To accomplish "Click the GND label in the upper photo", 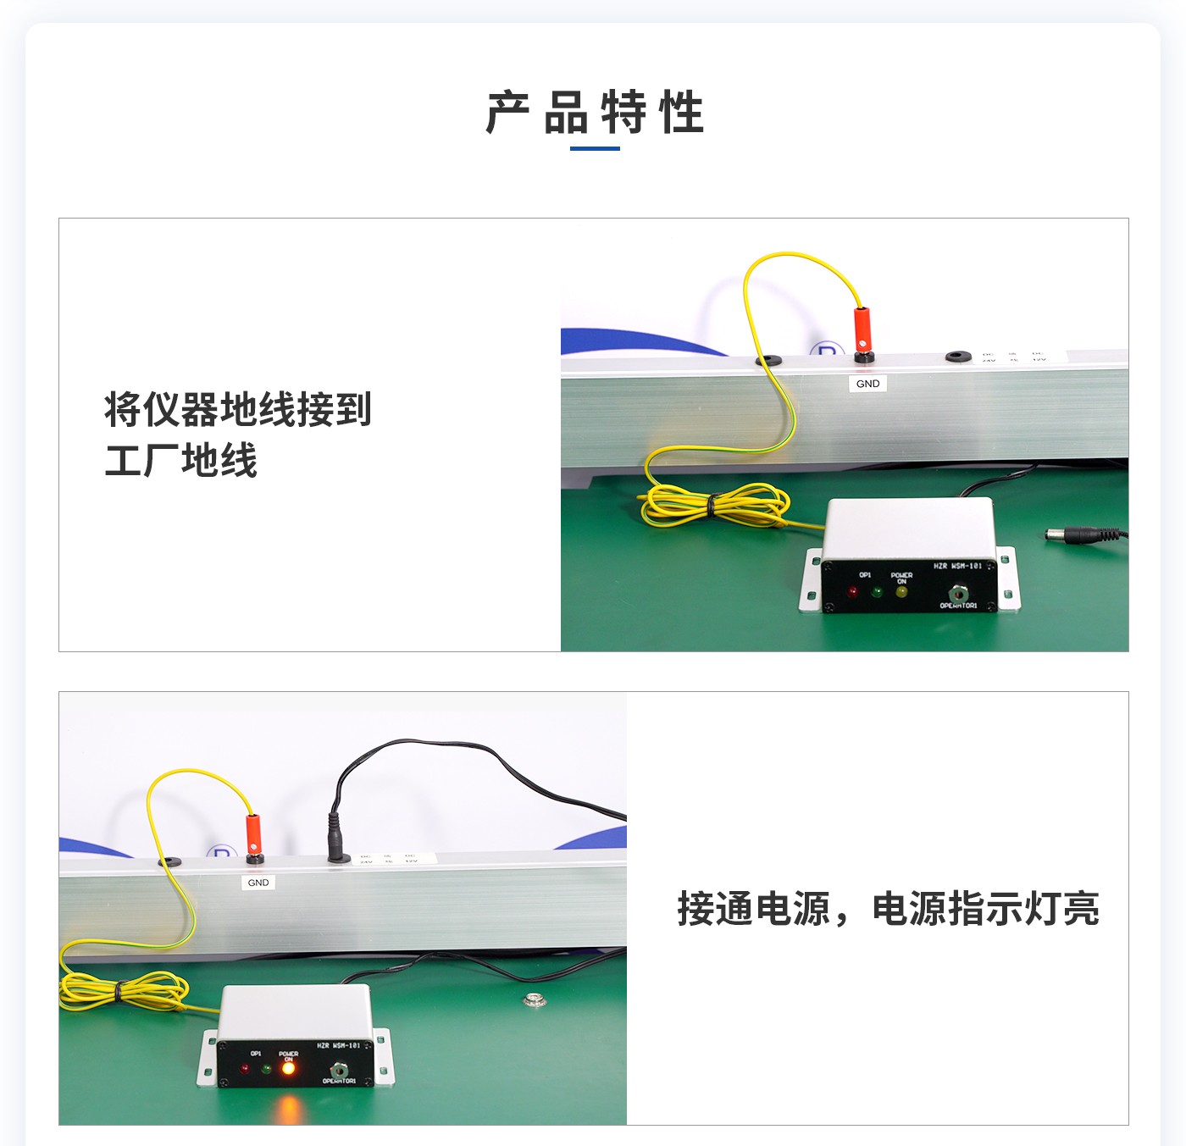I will [x=867, y=384].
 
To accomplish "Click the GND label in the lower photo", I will [x=258, y=883].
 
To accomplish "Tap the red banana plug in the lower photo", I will [x=253, y=833].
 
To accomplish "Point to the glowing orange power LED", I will [x=288, y=1068].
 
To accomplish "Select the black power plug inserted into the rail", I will [x=337, y=839].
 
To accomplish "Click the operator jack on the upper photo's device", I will [x=958, y=593].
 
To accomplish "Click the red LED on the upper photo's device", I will [x=852, y=591].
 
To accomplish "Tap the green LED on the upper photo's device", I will [x=877, y=591].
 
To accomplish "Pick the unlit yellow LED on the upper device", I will [x=901, y=591].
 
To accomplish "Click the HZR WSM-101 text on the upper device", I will [x=957, y=566].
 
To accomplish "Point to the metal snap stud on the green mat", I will [x=533, y=999].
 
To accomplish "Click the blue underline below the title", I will [x=595, y=148].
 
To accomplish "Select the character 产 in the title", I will [x=508, y=113].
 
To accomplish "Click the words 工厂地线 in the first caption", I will [x=180, y=461].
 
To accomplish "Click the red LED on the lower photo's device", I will [x=244, y=1068].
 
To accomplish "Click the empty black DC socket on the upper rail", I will [x=958, y=357].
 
